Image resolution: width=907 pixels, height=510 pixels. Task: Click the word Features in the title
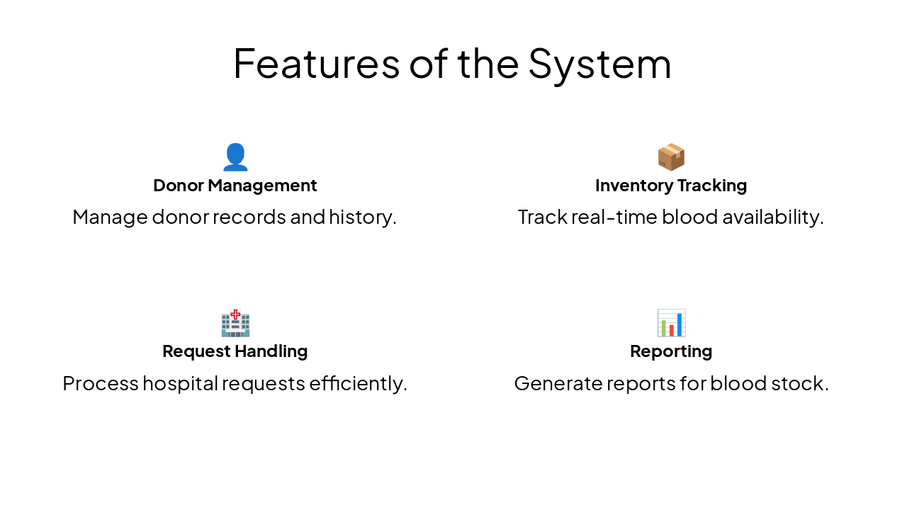pyautogui.click(x=316, y=63)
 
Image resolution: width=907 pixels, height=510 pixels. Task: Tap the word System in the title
pyautogui.click(x=599, y=63)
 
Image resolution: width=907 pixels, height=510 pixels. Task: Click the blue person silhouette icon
pyautogui.click(x=235, y=157)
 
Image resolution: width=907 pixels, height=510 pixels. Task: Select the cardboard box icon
pyautogui.click(x=671, y=157)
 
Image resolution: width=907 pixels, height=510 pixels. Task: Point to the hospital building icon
pyautogui.click(x=235, y=324)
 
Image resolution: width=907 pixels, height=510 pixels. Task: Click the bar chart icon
pyautogui.click(x=671, y=324)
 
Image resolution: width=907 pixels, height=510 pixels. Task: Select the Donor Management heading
pyautogui.click(x=235, y=186)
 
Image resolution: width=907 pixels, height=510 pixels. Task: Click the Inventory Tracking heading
pyautogui.click(x=671, y=186)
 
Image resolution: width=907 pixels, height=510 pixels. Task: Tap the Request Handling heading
pyautogui.click(x=235, y=351)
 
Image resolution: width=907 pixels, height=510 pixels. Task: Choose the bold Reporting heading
pyautogui.click(x=671, y=351)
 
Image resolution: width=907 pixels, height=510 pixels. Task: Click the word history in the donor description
pyautogui.click(x=362, y=217)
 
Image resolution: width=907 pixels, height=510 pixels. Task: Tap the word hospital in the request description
pyautogui.click(x=180, y=383)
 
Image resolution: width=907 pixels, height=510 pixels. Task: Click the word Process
pyautogui.click(x=101, y=383)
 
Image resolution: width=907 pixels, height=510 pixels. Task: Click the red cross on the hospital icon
pyautogui.click(x=235, y=314)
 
